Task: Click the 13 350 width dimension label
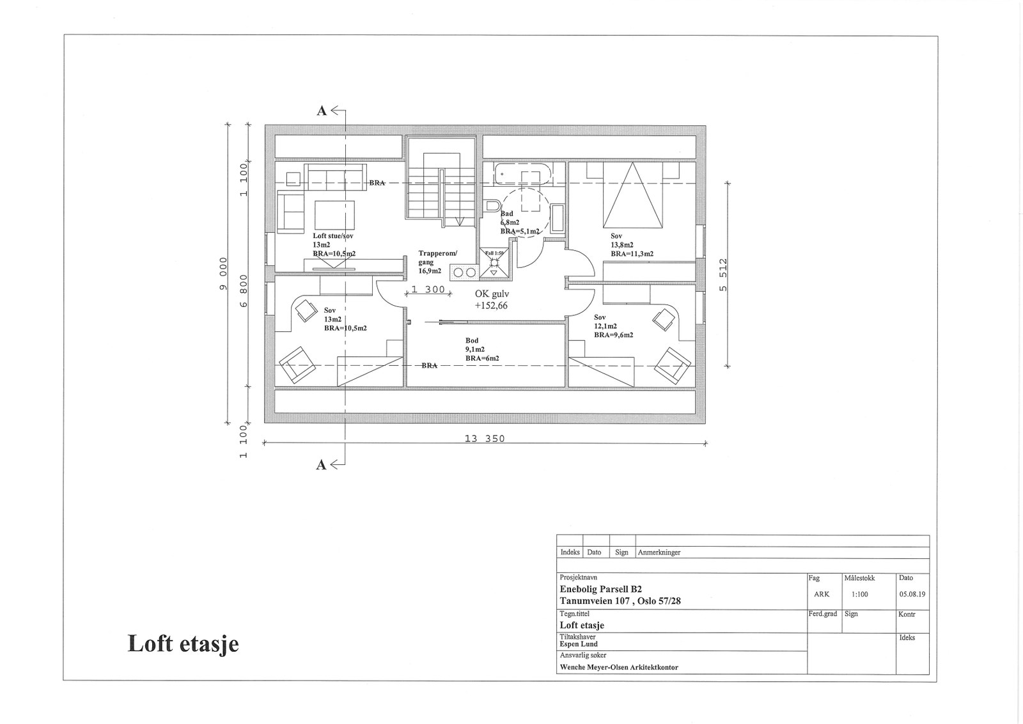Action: tap(484, 439)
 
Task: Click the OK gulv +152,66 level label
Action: tap(491, 299)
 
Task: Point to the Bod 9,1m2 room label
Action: tap(481, 349)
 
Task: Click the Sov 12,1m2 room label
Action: tap(613, 326)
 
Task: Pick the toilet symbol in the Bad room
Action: tap(492, 206)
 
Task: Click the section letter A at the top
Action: tap(322, 111)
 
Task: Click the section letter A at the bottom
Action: tap(322, 465)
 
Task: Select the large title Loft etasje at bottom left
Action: tap(184, 643)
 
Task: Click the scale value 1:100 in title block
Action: tap(859, 594)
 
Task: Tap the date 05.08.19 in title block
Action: tap(912, 594)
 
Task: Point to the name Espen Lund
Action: tap(579, 644)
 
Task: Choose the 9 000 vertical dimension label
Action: tap(224, 273)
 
